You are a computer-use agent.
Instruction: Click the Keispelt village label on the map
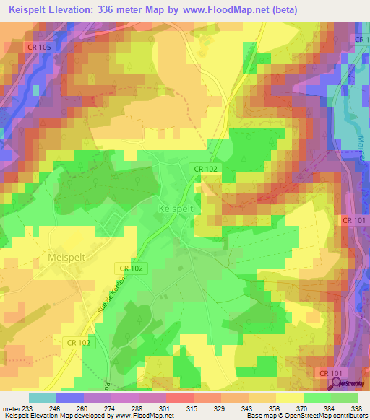[x=175, y=208]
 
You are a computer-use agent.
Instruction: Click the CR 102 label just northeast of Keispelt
[x=204, y=168]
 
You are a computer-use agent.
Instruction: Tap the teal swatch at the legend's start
[x=42, y=398]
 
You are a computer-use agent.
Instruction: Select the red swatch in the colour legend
[x=178, y=398]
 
